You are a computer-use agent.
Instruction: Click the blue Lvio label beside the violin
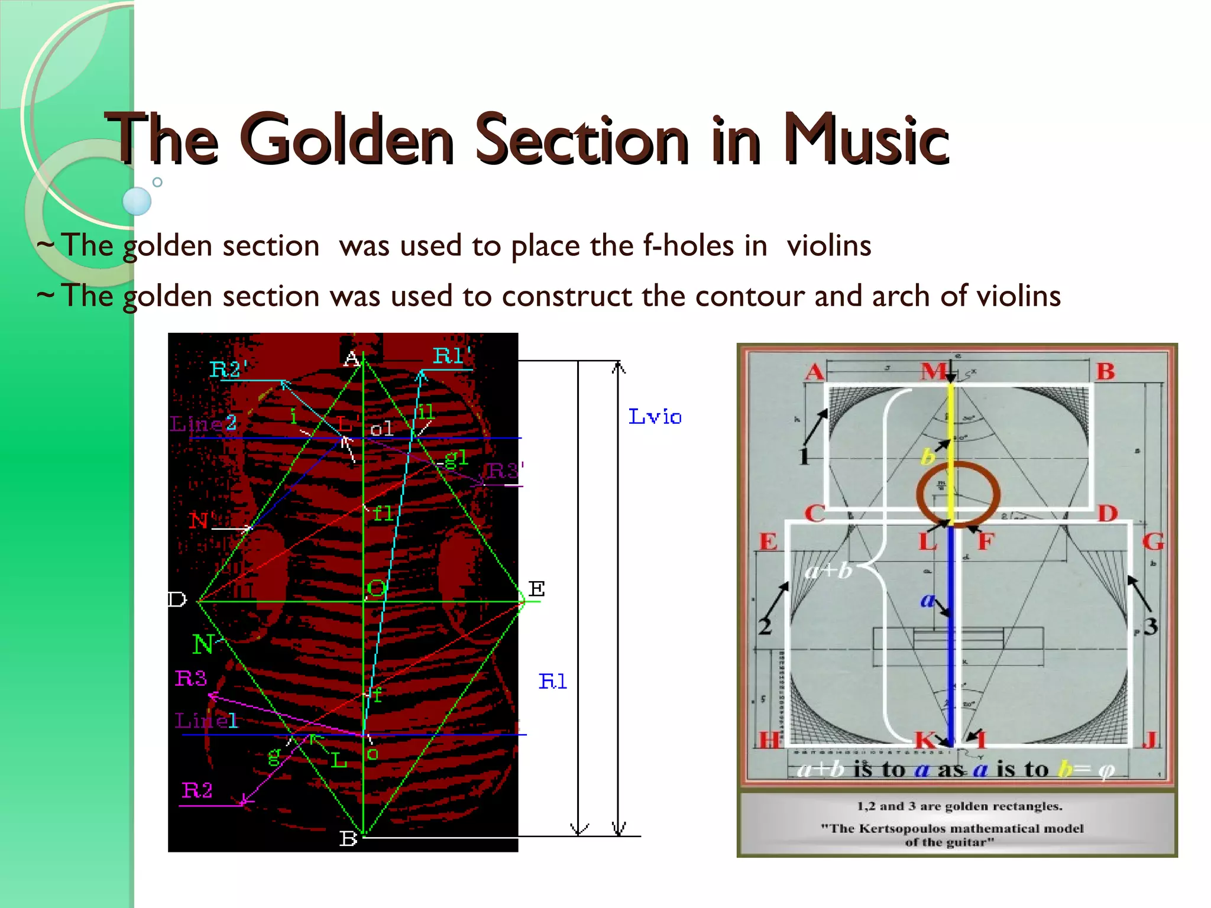point(655,417)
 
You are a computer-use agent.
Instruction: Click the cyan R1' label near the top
point(452,356)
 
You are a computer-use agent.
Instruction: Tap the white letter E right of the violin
point(536,589)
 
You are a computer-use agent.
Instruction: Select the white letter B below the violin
point(348,839)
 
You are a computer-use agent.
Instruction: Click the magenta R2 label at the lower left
point(197,790)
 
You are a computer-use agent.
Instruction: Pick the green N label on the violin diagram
point(203,644)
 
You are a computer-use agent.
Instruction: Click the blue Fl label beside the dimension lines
point(552,682)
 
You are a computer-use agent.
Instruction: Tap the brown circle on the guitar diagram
point(958,494)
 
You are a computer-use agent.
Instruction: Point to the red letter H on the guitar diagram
point(769,740)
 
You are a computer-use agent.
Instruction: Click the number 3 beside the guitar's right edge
point(1150,626)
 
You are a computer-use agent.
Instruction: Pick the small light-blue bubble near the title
point(137,201)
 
